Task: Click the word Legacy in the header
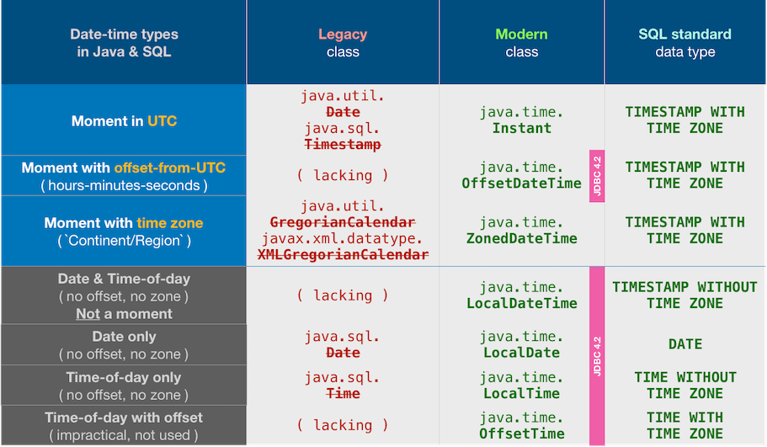(343, 35)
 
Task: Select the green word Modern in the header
(521, 35)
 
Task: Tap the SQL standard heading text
(684, 35)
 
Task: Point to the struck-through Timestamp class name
(343, 145)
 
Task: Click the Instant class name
(521, 129)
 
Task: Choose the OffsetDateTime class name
(521, 184)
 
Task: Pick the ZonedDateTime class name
(521, 238)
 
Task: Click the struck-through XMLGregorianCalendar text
(343, 254)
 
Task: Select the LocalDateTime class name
(521, 303)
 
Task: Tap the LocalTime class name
(521, 393)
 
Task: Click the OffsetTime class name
(521, 434)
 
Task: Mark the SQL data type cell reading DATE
(684, 344)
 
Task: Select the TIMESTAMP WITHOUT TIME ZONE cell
(684, 295)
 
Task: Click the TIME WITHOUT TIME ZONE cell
(684, 386)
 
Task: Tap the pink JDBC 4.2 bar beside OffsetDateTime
(597, 176)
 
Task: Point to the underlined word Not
(88, 314)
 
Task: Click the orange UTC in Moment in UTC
(162, 121)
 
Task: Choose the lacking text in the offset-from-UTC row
(343, 176)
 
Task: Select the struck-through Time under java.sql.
(343, 394)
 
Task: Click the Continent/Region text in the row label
(124, 241)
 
